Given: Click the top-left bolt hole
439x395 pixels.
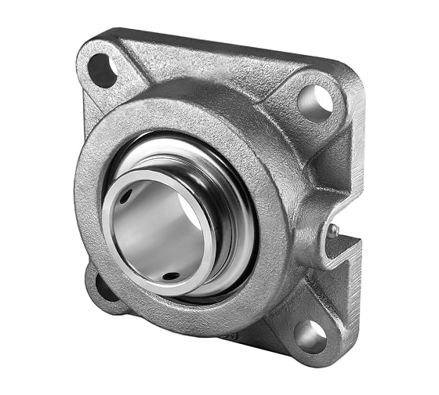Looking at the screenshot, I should click(102, 71).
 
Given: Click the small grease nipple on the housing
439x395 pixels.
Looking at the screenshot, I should click(332, 230).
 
